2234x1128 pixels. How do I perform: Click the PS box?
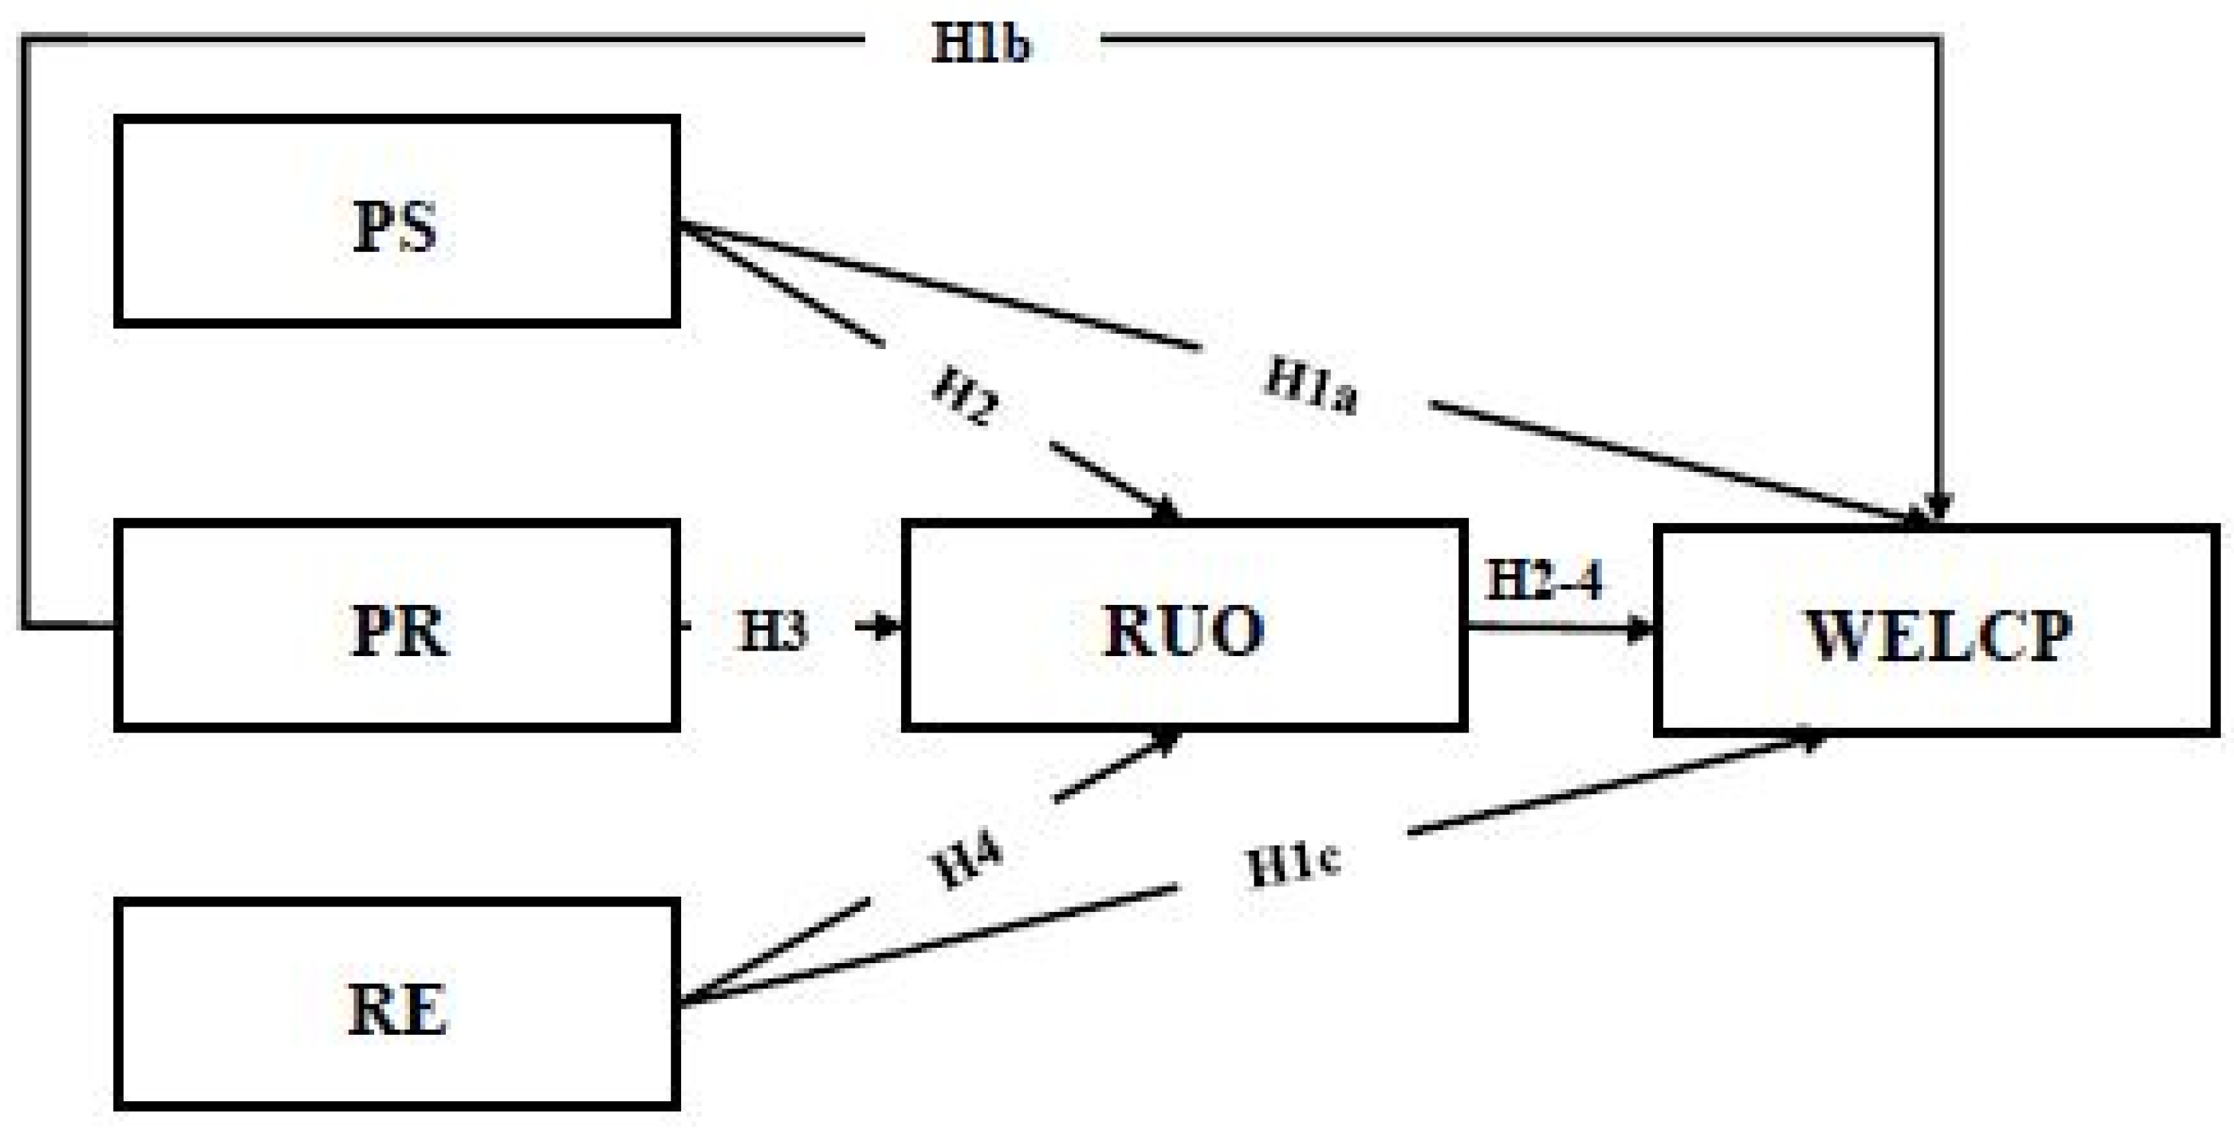396,221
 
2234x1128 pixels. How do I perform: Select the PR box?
396,625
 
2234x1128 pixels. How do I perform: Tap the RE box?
396,1004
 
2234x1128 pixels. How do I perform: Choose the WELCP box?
1936,631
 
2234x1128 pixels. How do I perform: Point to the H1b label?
982,42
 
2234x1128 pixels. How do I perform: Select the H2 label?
965,395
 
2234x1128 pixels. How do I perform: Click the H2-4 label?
1545,580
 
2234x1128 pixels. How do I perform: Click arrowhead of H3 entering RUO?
889,625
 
